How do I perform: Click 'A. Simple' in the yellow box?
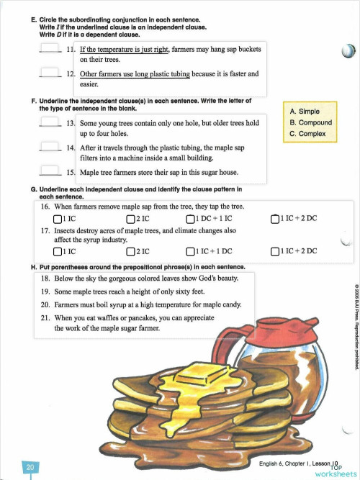[x=305, y=112]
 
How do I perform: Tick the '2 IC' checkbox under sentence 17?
[x=130, y=251]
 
